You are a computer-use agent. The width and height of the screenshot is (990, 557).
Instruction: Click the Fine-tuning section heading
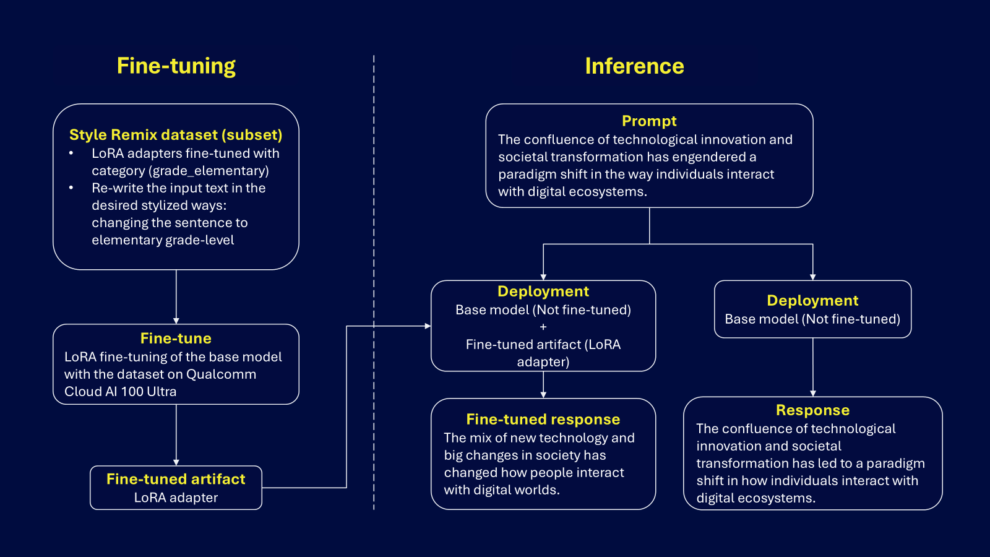[176, 66]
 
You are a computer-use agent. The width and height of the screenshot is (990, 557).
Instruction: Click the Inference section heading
[634, 66]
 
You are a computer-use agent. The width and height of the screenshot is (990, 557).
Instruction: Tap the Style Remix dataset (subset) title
[176, 135]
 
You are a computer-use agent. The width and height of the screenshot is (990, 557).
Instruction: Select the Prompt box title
[649, 121]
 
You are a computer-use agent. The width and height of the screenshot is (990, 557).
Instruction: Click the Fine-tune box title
[176, 339]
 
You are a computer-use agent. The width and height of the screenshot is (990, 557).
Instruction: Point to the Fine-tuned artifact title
[176, 479]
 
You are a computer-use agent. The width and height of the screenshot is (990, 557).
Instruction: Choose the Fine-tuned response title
[543, 420]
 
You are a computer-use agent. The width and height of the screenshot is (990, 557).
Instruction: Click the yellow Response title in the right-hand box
[812, 410]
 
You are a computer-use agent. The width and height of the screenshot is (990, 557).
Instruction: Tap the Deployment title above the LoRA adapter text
[543, 291]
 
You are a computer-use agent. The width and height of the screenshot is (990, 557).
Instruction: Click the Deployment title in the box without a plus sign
[812, 301]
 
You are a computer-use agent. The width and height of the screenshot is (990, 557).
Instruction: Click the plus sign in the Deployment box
[543, 327]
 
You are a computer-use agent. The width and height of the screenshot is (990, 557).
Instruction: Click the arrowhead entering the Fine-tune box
[176, 321]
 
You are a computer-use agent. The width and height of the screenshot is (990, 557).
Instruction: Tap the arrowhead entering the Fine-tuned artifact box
[176, 462]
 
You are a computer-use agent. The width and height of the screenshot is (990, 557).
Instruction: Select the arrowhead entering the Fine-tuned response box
[543, 395]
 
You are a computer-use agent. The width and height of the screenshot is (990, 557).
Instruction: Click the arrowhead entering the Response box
[813, 393]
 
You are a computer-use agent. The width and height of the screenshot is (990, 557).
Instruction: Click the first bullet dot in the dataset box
[71, 153]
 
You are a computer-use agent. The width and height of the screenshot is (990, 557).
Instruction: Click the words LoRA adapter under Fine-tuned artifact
[176, 498]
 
